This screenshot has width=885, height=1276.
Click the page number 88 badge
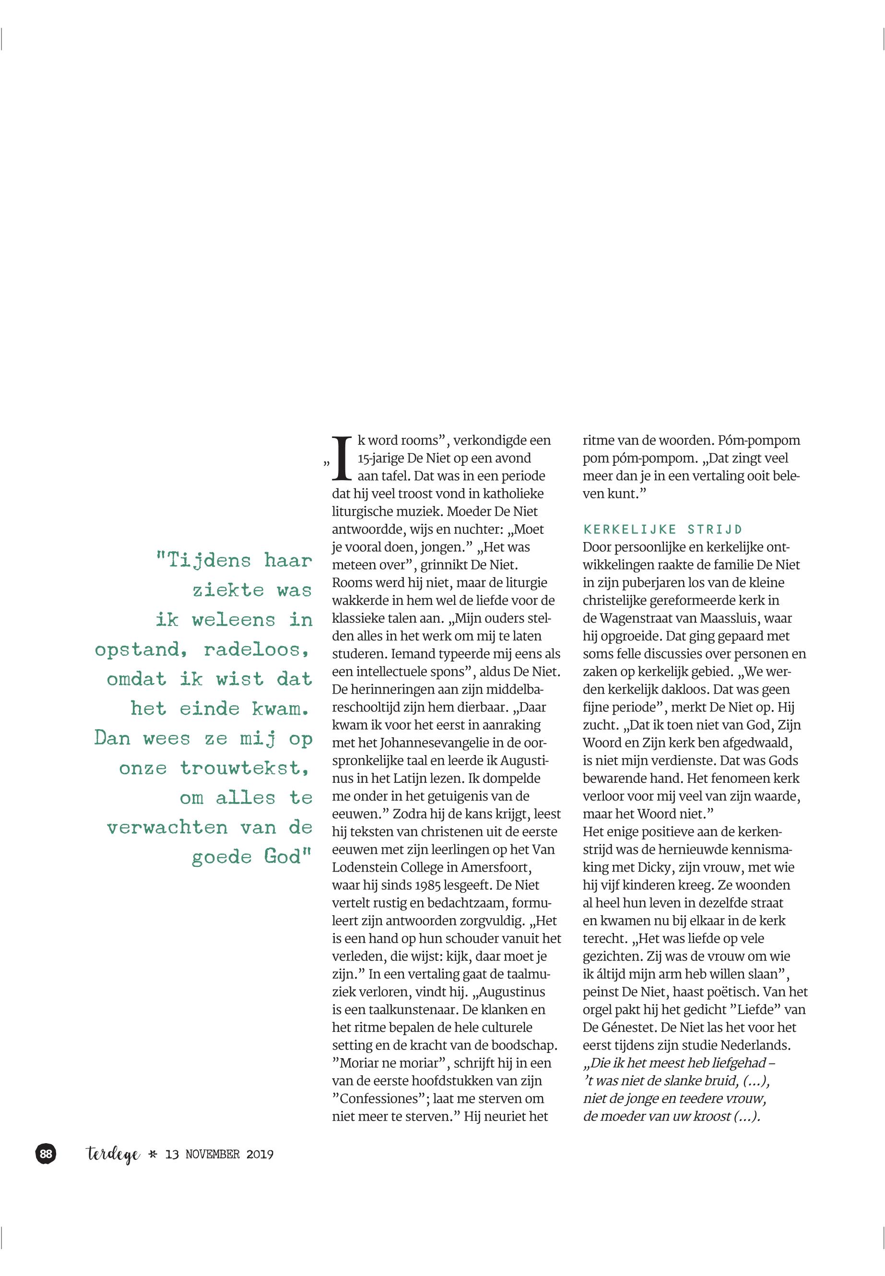coord(46,1154)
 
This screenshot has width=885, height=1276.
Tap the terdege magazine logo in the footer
coord(114,1155)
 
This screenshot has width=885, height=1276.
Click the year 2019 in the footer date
coord(260,1155)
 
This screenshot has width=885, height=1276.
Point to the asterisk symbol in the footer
coord(153,1155)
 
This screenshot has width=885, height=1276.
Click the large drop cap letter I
coord(342,458)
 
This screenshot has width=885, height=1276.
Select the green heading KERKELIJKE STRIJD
coord(662,529)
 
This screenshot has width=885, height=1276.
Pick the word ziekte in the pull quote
coord(228,590)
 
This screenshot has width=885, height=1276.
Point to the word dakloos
coord(680,689)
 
